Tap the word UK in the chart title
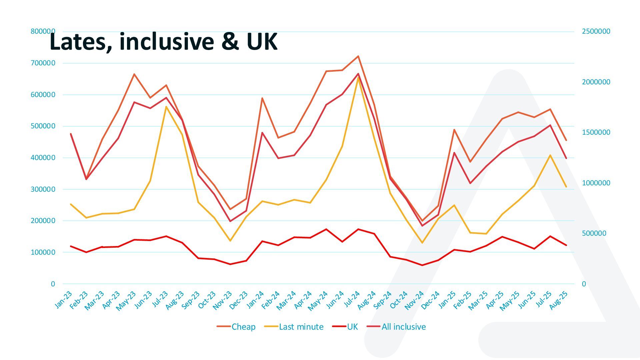262,42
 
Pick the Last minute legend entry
301,327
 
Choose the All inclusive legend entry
403,327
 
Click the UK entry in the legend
352,327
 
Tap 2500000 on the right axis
596,31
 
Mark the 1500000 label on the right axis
596,132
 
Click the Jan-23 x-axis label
63,300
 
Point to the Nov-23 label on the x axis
222,300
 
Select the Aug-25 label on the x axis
558,300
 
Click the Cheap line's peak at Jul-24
358,56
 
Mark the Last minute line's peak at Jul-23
166,107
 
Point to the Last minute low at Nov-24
422,243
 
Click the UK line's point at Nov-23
230,264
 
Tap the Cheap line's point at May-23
134,74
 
